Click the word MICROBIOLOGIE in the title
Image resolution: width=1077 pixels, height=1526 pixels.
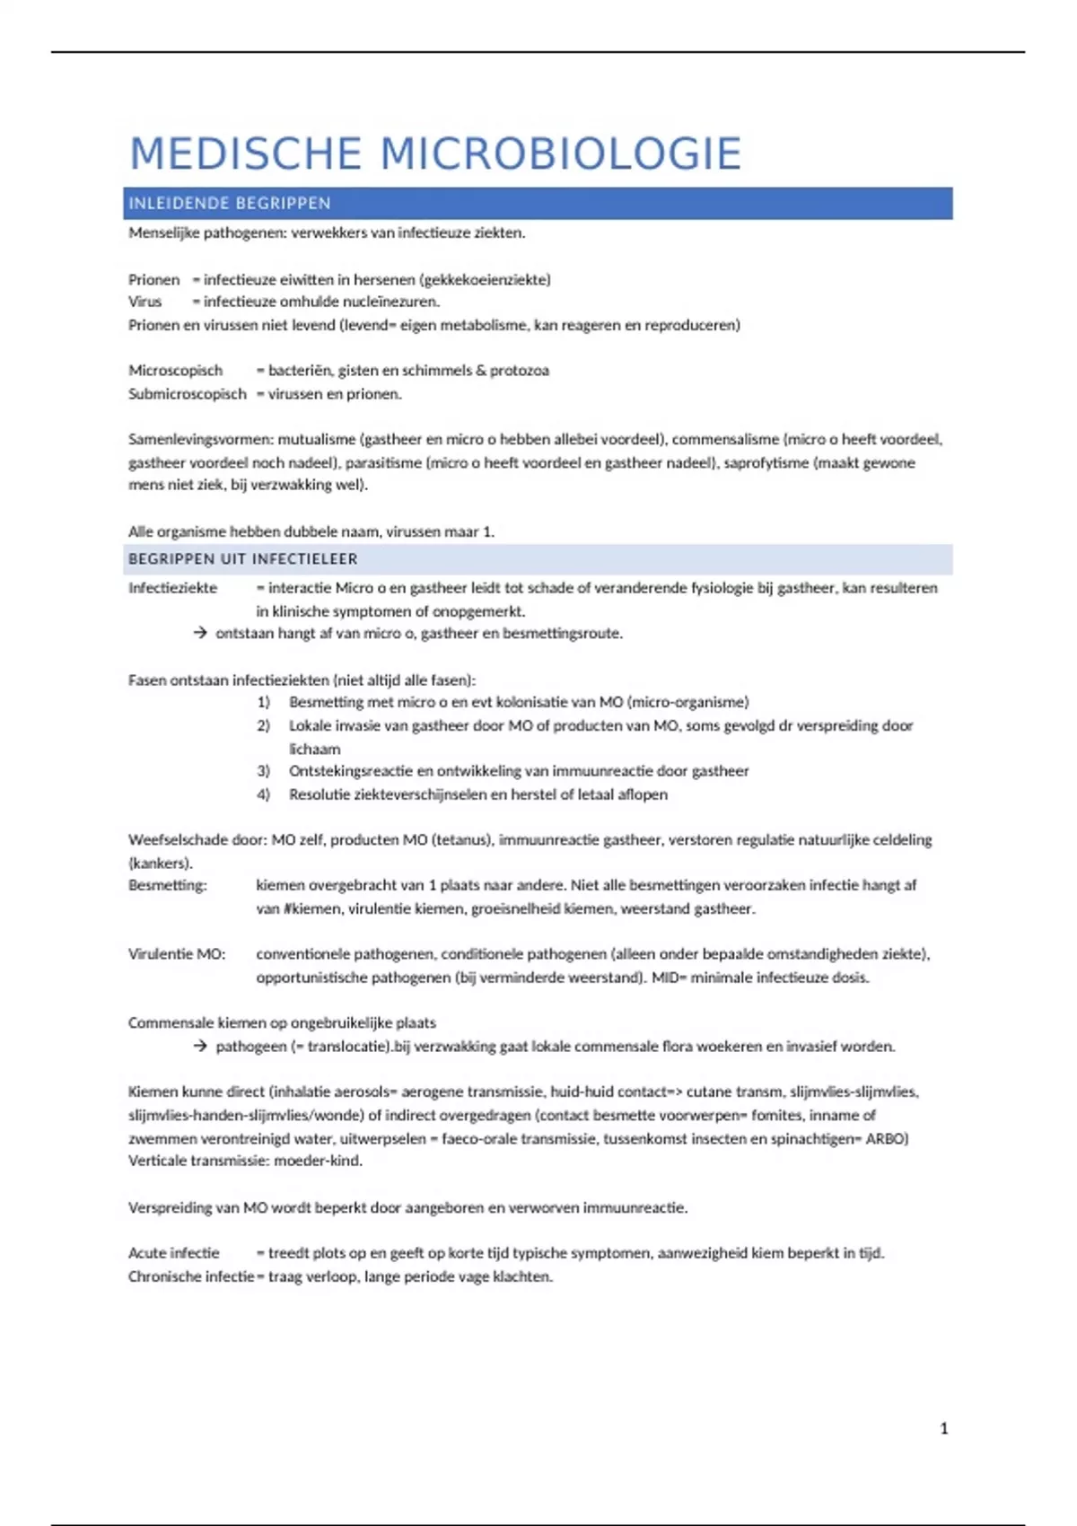click(x=561, y=153)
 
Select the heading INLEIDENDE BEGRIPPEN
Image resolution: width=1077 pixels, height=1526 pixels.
click(x=230, y=204)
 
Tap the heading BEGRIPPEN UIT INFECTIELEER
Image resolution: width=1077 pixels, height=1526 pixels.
click(x=243, y=559)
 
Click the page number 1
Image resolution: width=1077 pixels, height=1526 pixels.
click(x=943, y=1428)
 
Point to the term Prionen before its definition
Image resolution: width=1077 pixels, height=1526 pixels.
click(x=153, y=280)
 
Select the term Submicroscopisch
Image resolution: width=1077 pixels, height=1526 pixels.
click(x=187, y=394)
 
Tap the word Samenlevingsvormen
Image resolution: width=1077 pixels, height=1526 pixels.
click(x=200, y=440)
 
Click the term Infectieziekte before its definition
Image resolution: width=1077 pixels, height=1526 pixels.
click(x=172, y=588)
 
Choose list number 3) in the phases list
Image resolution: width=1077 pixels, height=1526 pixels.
click(x=263, y=771)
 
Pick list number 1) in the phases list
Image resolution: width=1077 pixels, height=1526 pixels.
click(x=263, y=702)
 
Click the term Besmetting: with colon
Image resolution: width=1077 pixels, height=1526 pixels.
click(x=168, y=885)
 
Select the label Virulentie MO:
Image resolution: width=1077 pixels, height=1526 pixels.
click(x=177, y=954)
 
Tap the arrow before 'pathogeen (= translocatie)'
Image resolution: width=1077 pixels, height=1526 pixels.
click(x=200, y=1047)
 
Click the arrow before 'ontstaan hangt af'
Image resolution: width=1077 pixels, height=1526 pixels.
click(x=200, y=634)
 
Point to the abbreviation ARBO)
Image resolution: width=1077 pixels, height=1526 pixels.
click(x=887, y=1138)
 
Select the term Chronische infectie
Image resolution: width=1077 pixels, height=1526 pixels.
click(x=190, y=1276)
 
